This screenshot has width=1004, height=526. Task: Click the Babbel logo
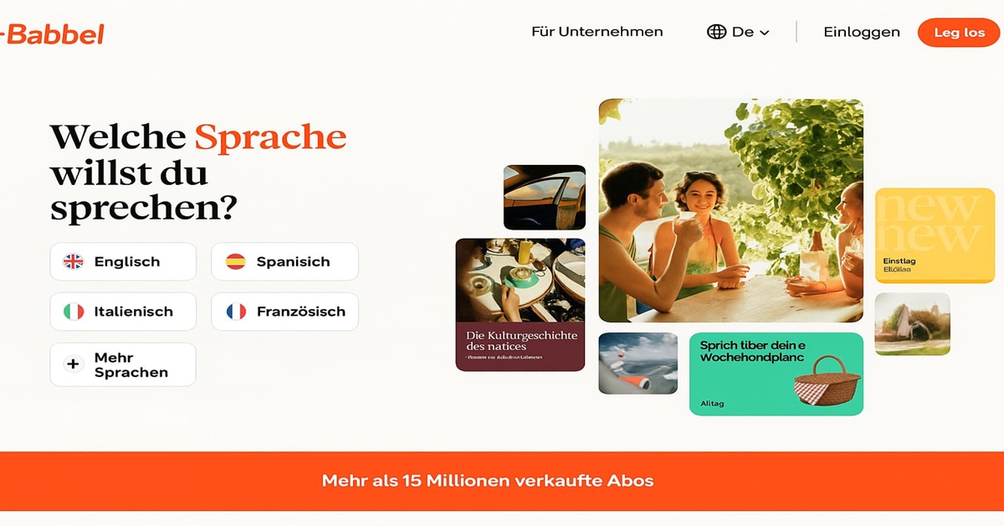pos(54,34)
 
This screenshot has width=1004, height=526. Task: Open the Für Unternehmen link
pos(597,32)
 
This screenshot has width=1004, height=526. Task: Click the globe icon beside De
pos(716,32)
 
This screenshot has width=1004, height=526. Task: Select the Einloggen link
pos(861,32)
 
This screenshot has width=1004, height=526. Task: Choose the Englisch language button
pos(123,261)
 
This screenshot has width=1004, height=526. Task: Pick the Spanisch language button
pos(284,261)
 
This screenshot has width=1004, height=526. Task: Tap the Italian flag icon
pos(74,312)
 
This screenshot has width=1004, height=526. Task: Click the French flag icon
pos(237,312)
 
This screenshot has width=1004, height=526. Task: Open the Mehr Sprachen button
pos(123,364)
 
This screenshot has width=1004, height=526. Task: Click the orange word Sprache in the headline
pos(270,137)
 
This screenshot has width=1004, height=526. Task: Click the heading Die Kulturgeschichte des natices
pos(521,340)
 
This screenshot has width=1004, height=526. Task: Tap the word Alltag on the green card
pos(712,404)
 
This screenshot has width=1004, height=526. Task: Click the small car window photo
pos(544,197)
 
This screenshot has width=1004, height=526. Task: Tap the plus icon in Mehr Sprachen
pos(74,364)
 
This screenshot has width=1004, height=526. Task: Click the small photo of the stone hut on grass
pos(912,324)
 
